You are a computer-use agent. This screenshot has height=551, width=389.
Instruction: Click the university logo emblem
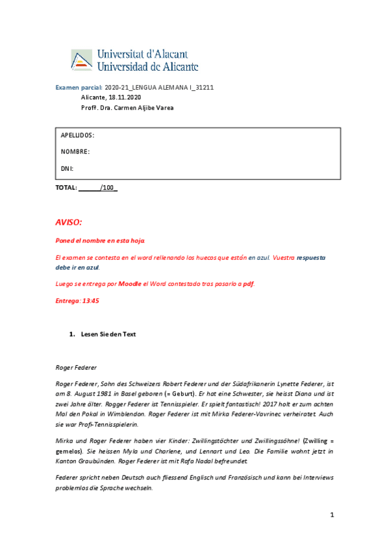tap(82, 59)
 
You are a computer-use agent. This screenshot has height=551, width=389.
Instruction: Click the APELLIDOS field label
tap(77, 135)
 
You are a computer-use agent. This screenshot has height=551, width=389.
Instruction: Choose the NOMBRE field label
tap(75, 152)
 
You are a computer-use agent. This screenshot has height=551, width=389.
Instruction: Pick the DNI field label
tap(67, 169)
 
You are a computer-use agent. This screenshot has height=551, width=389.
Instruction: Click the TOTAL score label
tap(66, 188)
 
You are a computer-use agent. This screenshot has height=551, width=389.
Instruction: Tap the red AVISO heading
tap(69, 223)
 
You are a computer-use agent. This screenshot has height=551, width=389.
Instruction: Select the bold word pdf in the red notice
tap(249, 284)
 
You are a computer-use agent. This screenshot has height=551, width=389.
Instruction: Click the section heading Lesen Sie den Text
tap(108, 334)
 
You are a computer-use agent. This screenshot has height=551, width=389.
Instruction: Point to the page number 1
tap(331, 515)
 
